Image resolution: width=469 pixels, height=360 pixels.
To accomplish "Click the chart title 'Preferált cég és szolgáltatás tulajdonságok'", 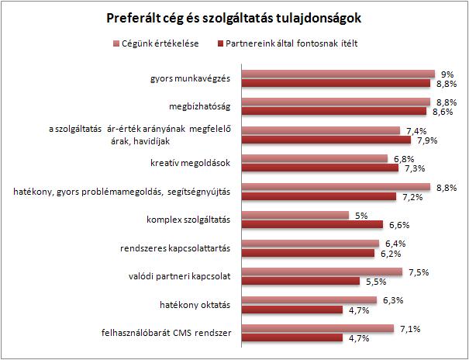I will tap(234, 16).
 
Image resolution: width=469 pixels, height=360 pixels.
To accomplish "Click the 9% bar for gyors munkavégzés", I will tap(337, 74).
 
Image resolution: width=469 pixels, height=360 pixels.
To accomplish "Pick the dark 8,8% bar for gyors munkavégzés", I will tap(336, 83).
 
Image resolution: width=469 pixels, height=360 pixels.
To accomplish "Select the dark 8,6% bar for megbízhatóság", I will tap(334, 111).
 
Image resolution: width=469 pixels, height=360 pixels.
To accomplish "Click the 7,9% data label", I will tap(427, 140).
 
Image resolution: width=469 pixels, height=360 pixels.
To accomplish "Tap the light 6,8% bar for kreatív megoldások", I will tap(315, 159).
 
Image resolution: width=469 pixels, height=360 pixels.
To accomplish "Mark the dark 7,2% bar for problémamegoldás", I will tap(319, 197).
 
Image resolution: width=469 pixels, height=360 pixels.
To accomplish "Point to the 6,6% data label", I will tap(399, 225).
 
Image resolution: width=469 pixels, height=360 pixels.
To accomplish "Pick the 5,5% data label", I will tap(378, 281).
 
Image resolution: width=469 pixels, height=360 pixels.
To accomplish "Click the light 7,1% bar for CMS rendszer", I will tap(319, 329).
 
